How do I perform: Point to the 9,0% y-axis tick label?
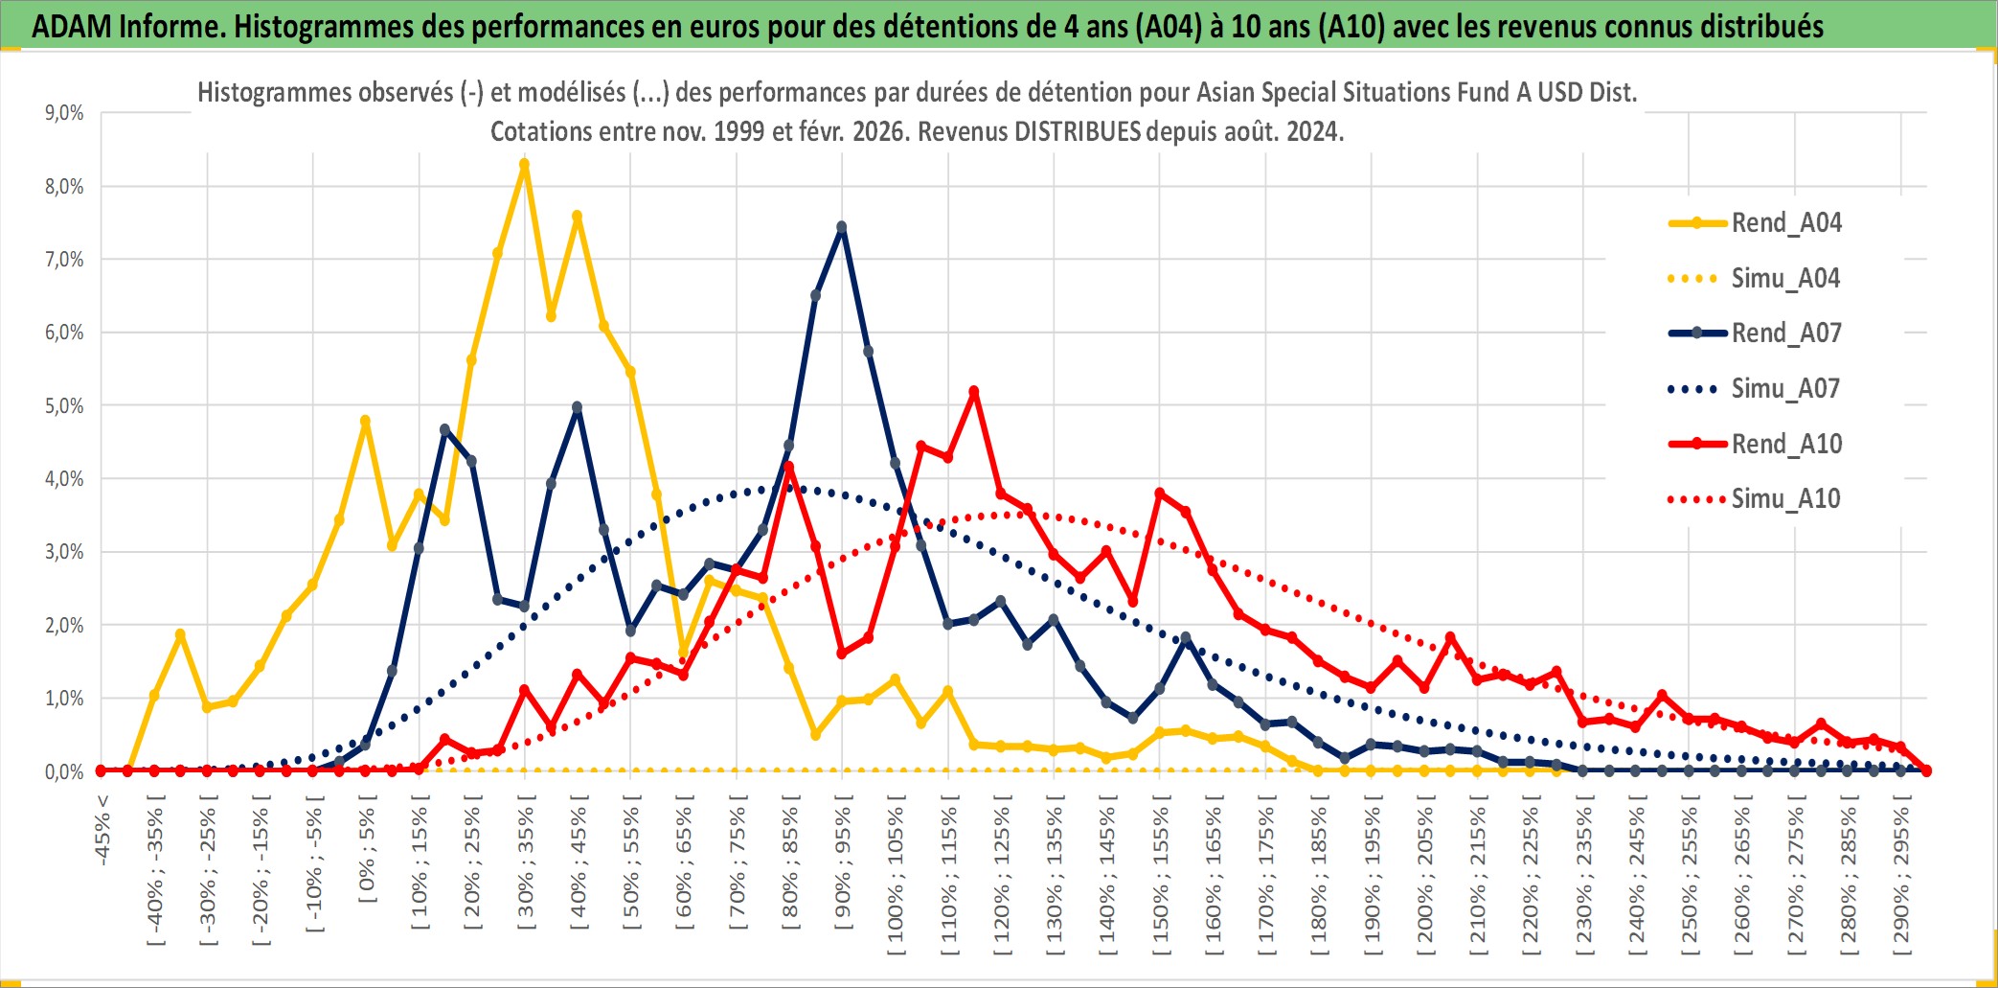click(64, 113)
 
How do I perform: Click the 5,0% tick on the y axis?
click(64, 405)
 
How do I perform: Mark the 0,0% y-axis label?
click(64, 771)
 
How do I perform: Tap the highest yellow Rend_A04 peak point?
click(524, 164)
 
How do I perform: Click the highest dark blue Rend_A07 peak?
click(841, 227)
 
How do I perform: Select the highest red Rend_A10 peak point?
click(974, 391)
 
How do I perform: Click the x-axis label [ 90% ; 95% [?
click(842, 867)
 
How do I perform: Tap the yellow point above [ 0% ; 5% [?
click(365, 421)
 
